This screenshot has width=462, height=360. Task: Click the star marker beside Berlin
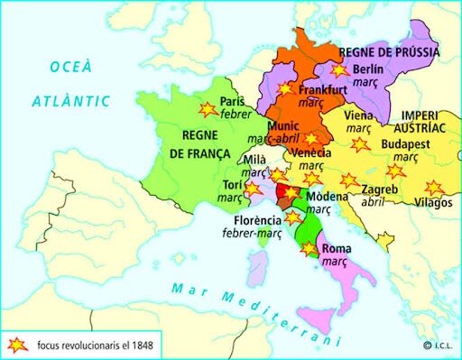[339, 69]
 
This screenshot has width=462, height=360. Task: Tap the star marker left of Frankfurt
[286, 88]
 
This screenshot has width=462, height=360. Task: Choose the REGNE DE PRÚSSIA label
[389, 51]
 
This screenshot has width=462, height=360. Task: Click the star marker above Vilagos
[434, 188]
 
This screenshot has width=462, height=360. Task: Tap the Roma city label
[337, 246]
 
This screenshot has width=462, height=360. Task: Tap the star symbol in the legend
[17, 345]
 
